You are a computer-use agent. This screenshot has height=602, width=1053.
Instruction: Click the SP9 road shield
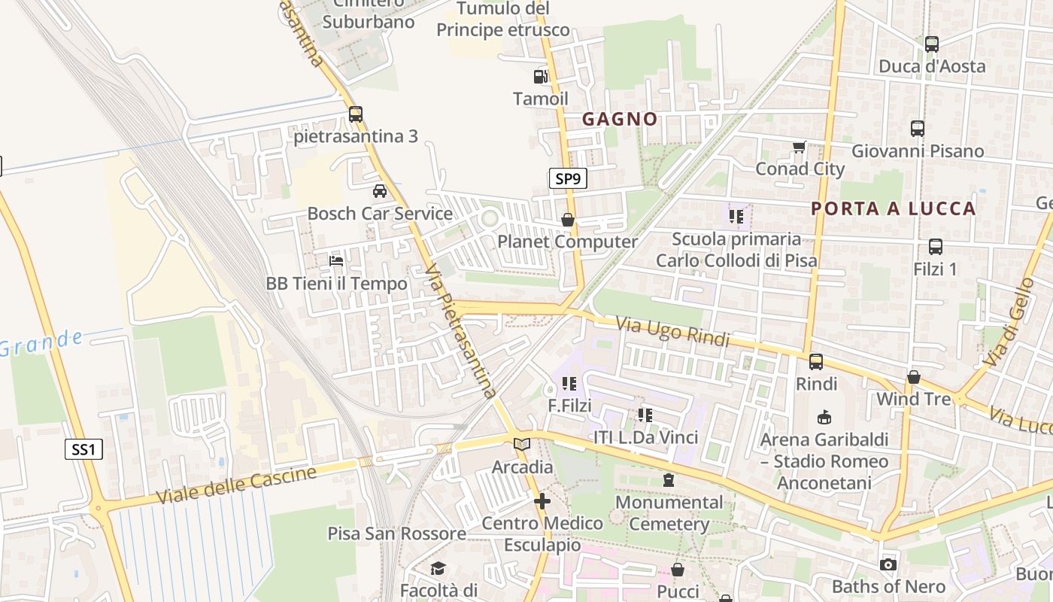pos(567,178)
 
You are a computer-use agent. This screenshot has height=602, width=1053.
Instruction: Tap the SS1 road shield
pos(83,450)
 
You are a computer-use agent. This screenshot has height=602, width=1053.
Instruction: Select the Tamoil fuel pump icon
pos(540,76)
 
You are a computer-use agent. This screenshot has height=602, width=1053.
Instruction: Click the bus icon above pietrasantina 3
pos(356,114)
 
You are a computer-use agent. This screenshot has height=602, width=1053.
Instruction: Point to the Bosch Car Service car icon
pos(380,190)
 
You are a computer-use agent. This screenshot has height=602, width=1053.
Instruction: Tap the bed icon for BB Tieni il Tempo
pos(336,261)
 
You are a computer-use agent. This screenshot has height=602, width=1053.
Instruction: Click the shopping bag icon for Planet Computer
pos(568,220)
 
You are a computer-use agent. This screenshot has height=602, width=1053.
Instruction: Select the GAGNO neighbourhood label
pos(620,119)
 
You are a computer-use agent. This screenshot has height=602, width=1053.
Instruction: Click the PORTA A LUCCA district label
pos(894,208)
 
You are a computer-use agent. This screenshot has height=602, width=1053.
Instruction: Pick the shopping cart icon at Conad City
pos(799,147)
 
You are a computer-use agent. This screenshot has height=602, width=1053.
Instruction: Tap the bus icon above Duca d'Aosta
pos(932,44)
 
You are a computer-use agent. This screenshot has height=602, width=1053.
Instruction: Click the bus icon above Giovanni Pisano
pos(918,128)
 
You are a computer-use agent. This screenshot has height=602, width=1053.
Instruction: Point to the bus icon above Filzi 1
pos(936,246)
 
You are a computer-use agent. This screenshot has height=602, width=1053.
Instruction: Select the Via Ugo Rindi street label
pos(673,332)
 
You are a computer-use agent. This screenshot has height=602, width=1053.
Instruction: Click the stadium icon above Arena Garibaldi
pos(824,417)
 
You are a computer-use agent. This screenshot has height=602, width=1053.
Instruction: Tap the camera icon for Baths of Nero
pos(888,564)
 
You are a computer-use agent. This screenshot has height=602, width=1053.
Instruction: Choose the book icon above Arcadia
pos(522,445)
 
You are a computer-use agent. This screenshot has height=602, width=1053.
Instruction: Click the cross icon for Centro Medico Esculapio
pos(542,500)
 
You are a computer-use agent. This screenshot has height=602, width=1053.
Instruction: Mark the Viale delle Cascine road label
pos(236,486)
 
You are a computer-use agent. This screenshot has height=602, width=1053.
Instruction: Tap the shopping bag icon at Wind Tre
pos(914,376)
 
